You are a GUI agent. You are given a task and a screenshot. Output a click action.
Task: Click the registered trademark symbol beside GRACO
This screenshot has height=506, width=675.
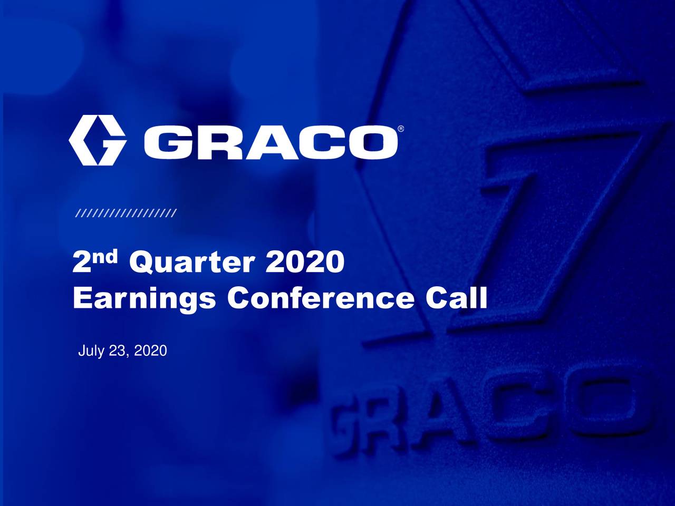pyautogui.click(x=401, y=129)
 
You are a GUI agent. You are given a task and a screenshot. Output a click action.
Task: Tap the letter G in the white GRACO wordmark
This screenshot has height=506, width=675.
pyautogui.click(x=168, y=143)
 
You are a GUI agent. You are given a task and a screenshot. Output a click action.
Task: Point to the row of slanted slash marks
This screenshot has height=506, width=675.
pyautogui.click(x=127, y=213)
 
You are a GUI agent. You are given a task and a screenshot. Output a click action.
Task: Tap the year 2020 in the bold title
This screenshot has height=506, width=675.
pyautogui.click(x=304, y=262)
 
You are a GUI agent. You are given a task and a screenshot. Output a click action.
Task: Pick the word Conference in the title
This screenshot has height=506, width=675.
pyautogui.click(x=321, y=299)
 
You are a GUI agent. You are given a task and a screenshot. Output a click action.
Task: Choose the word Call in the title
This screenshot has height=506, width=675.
pyautogui.click(x=457, y=299)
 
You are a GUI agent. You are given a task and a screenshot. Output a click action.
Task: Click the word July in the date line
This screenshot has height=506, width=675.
pyautogui.click(x=90, y=351)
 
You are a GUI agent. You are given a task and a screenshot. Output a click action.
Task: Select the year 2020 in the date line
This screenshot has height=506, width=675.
pyautogui.click(x=150, y=351)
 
